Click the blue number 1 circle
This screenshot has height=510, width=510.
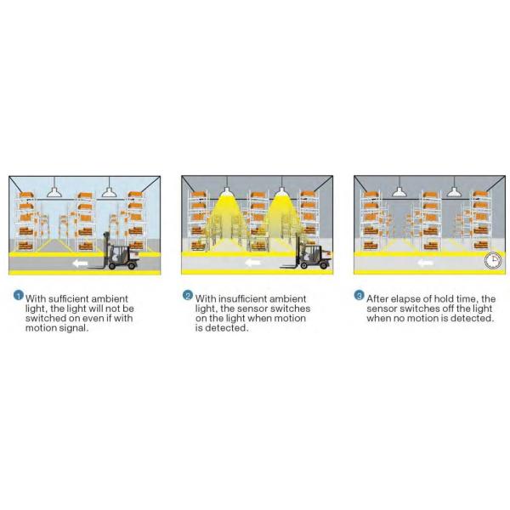[x=18, y=295]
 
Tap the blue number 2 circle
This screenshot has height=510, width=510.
[x=188, y=295]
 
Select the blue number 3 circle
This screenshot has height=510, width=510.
[x=359, y=295]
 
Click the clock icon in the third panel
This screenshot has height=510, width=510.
[x=493, y=260]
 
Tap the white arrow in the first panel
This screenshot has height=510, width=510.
[x=79, y=263]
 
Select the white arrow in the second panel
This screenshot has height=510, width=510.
[x=252, y=262]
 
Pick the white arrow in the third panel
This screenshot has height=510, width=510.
[x=425, y=262]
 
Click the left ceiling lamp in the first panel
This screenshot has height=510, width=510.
[x=54, y=192]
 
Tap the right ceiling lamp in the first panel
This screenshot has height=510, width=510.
[x=110, y=192]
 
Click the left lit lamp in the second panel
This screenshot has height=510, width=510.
[x=227, y=191]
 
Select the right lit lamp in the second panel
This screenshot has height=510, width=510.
[x=281, y=191]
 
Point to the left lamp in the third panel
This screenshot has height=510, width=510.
[x=399, y=191]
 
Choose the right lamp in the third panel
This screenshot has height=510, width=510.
[x=454, y=191]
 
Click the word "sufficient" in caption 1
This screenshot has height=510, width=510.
[x=68, y=298]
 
